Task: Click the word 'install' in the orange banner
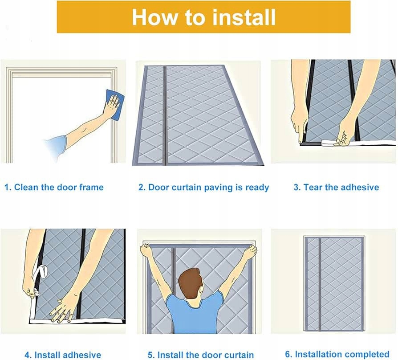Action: click(x=244, y=17)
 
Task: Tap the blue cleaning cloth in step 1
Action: click(x=115, y=104)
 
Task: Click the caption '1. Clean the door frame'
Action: click(x=54, y=188)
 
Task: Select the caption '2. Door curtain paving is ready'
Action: click(x=203, y=188)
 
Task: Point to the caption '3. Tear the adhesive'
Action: click(x=336, y=188)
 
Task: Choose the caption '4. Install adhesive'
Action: click(x=63, y=355)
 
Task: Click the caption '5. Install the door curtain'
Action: click(x=201, y=355)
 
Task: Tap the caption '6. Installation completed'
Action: click(x=337, y=354)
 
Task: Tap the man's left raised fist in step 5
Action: click(x=146, y=250)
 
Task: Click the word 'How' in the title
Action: click(x=155, y=17)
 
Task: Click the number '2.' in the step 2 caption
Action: click(x=142, y=188)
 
